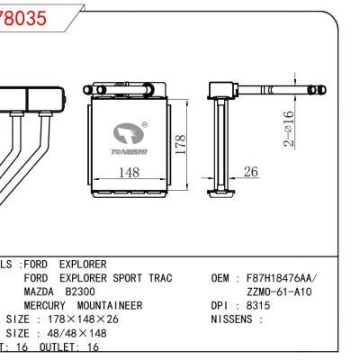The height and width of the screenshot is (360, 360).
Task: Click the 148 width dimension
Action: (130, 173)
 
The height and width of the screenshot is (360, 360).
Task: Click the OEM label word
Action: (221, 281)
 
